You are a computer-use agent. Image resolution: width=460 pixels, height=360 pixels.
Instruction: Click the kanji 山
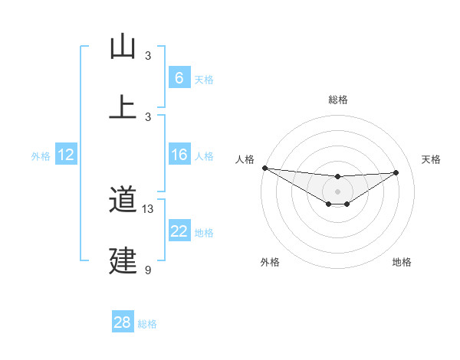[x=123, y=47]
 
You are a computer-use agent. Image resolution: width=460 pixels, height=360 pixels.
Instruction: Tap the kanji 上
[x=123, y=107]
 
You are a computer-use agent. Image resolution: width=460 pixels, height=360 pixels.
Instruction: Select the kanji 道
[x=123, y=201]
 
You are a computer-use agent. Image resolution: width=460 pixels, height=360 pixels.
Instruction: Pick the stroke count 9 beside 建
[x=148, y=270]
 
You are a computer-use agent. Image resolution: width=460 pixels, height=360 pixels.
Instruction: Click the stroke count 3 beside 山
[x=148, y=56]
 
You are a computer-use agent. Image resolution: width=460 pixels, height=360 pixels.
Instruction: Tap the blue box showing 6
[x=179, y=77]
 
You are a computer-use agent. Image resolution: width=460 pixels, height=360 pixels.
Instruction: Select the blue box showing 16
[x=179, y=155]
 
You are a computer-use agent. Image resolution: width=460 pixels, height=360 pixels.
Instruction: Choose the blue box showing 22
[x=179, y=231]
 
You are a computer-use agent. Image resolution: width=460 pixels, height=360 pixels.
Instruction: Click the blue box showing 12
[x=65, y=155]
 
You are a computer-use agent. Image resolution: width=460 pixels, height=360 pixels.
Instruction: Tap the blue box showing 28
[x=123, y=322]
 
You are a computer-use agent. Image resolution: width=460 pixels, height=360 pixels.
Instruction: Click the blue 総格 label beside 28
[x=147, y=324]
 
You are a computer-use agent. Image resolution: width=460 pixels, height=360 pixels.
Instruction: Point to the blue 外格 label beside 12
[x=41, y=156]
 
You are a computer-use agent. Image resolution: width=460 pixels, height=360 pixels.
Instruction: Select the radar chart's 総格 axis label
[x=337, y=100]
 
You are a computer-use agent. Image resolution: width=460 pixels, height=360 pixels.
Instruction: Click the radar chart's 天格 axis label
[x=431, y=159]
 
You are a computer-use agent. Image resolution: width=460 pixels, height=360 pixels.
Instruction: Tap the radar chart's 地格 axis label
[x=402, y=262]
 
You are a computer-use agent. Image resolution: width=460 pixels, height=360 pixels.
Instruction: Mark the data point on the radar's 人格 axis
[x=264, y=168]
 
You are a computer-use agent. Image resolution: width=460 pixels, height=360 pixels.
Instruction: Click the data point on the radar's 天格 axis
[x=396, y=172]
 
